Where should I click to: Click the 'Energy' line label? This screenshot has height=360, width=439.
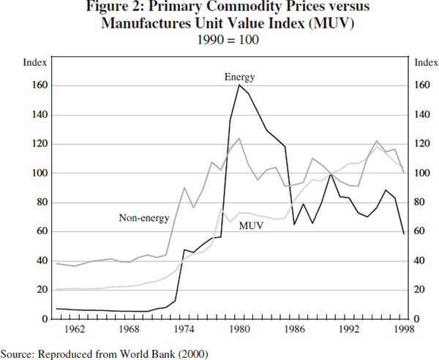(239, 77)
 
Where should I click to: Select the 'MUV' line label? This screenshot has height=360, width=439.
(252, 225)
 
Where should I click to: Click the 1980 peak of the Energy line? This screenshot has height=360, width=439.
(239, 86)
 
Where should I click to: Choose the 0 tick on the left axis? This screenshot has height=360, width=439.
(43, 319)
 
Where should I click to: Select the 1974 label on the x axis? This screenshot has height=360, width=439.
(185, 329)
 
